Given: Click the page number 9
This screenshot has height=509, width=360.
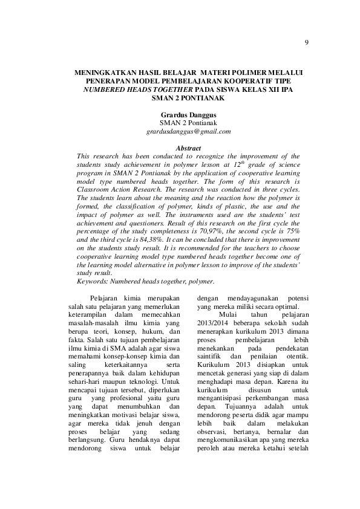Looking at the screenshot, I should (307, 42).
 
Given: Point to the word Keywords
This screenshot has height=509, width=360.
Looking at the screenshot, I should (96, 282).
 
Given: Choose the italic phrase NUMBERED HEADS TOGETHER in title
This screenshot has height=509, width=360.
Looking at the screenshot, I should (128, 88).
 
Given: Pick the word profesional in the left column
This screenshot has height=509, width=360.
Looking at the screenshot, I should (128, 399).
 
